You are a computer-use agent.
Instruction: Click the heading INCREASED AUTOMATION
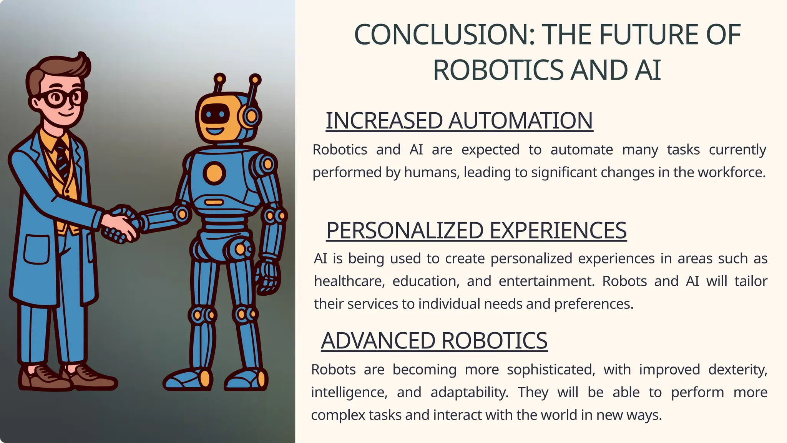point(459,121)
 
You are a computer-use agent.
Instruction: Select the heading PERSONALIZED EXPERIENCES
point(476,231)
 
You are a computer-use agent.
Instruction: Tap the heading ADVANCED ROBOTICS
point(434,341)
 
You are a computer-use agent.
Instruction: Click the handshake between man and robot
point(121,225)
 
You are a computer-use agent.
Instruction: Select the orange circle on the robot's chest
point(214,173)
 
